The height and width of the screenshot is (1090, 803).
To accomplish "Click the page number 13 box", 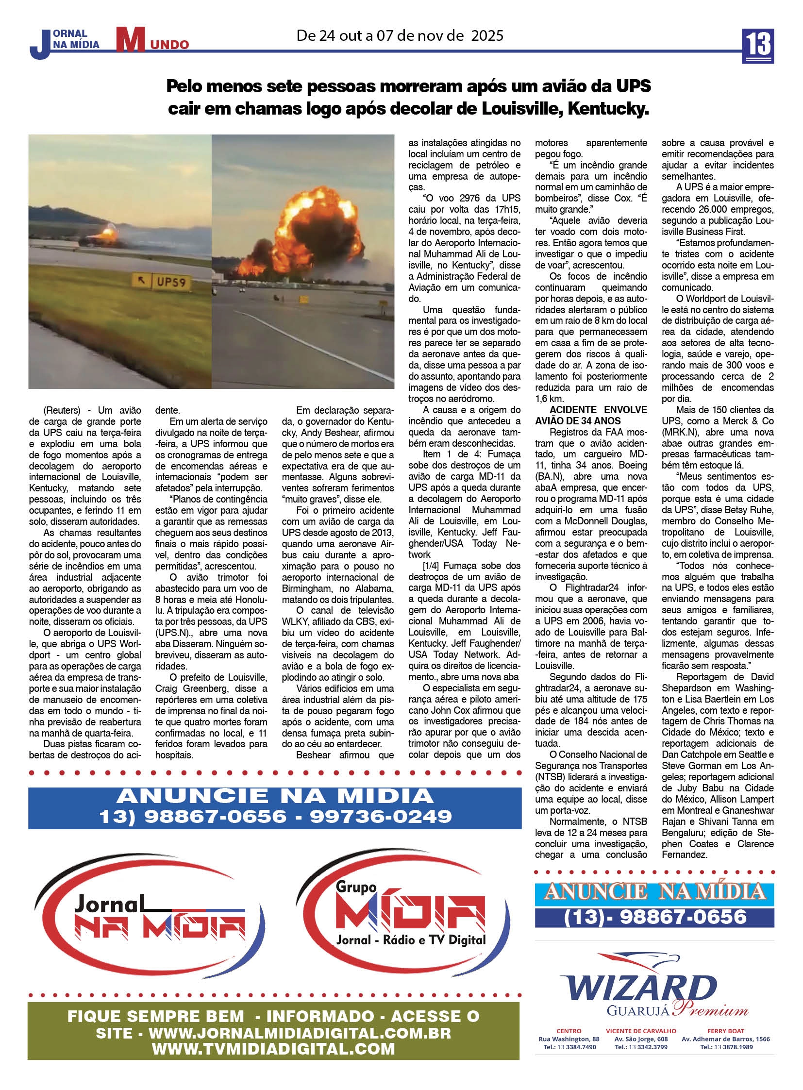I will coord(757,45).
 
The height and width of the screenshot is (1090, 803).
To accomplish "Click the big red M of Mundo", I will coord(130,39).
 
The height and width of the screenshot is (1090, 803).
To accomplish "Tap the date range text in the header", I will coord(400,36).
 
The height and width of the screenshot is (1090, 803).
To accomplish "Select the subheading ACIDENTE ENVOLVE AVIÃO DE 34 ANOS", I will coord(590,415).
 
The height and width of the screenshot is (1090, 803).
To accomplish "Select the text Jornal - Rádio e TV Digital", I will coord(411,940).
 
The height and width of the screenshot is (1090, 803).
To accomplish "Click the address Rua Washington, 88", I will coord(569,1039).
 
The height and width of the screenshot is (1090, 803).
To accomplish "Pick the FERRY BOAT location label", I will coord(725,1030).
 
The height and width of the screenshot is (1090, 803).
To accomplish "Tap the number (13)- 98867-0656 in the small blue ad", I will coord(655,917).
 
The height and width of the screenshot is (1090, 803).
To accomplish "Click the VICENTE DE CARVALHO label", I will coord(641,1030).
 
